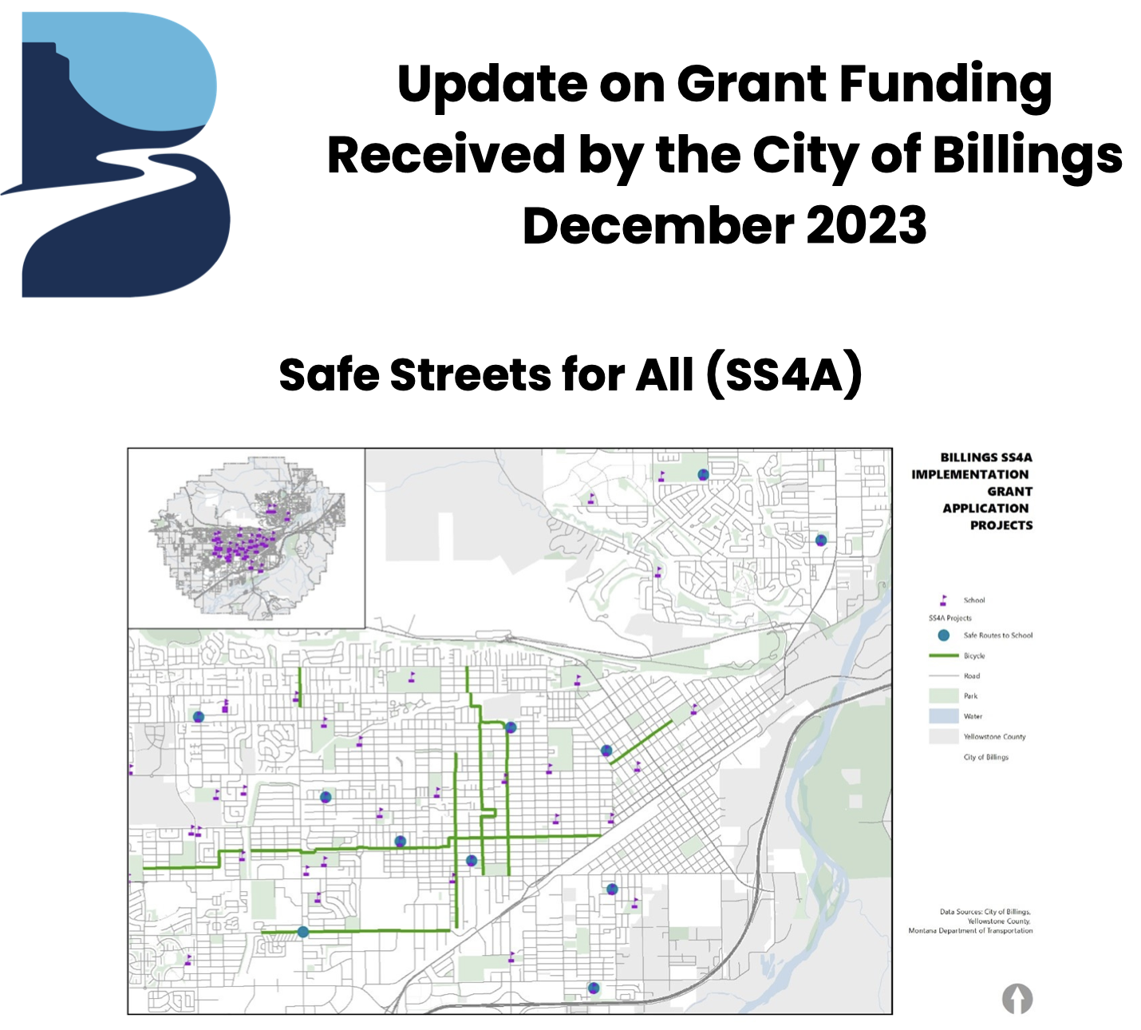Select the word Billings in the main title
pos(1027,155)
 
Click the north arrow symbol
pos(1017,998)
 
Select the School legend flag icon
pos(943,600)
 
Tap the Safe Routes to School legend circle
pos(944,636)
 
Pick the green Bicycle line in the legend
pos(943,656)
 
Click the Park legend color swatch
pos(943,695)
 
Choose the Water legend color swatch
pos(943,716)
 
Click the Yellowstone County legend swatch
pos(943,736)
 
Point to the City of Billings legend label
pos(985,757)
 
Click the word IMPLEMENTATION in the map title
pos(969,474)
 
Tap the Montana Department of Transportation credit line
pos(970,931)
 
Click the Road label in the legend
pos(972,675)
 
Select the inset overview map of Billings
pos(247,538)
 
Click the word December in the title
pos(654,226)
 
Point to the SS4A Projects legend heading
pos(950,618)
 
